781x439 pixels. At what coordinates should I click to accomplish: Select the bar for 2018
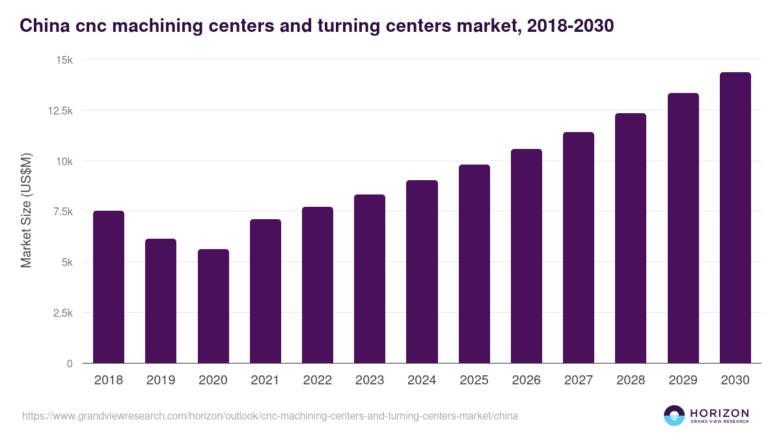(109, 287)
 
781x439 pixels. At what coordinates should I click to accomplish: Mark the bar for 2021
(265, 291)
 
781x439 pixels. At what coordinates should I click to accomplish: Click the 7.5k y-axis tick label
(62, 211)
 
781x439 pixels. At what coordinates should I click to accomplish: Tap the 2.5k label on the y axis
(62, 313)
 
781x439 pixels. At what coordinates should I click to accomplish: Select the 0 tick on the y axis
(70, 364)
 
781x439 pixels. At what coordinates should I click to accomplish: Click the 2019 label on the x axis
(160, 380)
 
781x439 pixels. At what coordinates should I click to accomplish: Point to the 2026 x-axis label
(526, 380)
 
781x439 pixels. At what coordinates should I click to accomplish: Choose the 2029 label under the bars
(683, 380)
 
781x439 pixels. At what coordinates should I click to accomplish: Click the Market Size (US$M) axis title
(26, 211)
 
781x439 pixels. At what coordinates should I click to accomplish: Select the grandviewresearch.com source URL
(270, 416)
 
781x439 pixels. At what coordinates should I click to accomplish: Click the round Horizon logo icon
(674, 416)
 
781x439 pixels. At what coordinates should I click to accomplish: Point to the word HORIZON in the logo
(719, 412)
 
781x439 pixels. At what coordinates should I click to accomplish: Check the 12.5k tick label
(61, 111)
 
